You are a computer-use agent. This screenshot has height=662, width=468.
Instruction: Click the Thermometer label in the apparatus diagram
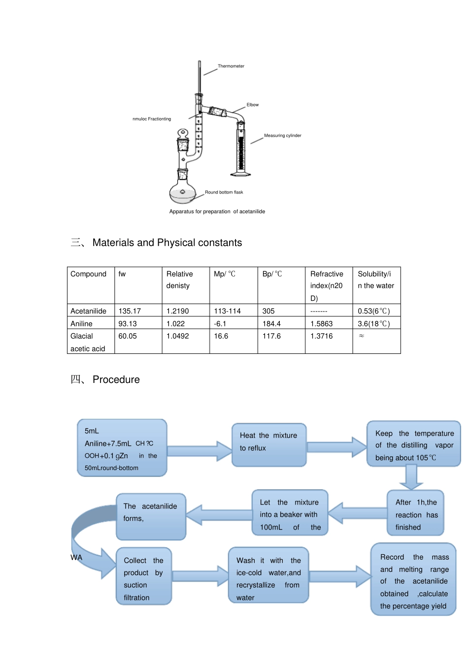coord(231,66)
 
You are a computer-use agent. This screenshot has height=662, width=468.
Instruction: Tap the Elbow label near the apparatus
coord(252,105)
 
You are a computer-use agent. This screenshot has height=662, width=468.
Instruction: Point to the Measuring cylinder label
coord(282,135)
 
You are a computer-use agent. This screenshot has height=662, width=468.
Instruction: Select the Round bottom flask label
coord(224,192)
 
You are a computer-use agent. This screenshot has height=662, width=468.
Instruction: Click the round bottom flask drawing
coord(183,192)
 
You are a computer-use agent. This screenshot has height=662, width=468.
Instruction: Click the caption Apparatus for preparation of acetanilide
coord(217,212)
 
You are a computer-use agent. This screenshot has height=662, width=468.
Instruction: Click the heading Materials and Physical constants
coord(167,243)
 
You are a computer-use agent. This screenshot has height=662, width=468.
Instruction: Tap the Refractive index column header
coord(327,285)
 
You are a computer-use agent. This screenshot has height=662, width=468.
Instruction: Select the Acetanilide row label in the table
coord(88,311)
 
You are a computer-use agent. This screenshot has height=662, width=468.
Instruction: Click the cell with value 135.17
coord(130,311)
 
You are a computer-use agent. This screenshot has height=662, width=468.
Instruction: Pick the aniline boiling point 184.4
coord(271,324)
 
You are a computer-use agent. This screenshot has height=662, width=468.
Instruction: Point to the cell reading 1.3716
coord(321,336)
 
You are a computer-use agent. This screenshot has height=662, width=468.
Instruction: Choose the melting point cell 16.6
coord(221,336)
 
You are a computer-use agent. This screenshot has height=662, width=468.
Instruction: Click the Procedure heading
coord(116,379)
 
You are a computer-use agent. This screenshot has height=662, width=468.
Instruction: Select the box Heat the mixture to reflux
coord(269,444)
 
